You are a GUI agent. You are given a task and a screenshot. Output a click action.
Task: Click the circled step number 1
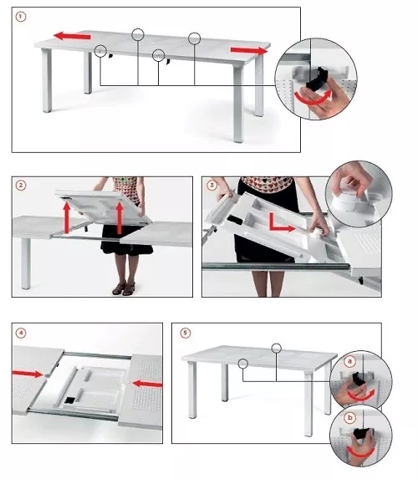click(x=21, y=17)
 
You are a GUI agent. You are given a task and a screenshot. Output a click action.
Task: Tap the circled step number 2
click(x=21, y=186)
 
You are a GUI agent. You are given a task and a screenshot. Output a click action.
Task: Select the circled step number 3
click(x=212, y=185)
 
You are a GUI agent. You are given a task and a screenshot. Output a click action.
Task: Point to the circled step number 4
click(x=21, y=333)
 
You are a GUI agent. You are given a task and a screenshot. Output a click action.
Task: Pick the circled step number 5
click(x=185, y=333)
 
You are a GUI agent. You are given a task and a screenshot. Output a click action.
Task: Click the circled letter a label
click(x=349, y=362)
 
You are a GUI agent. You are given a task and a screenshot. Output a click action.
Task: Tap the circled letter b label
click(x=349, y=417)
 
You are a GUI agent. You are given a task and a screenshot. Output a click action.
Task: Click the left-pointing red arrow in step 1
click(x=72, y=36)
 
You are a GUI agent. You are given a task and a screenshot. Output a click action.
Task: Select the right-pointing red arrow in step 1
click(x=249, y=50)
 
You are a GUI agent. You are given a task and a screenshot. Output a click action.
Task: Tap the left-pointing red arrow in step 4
click(x=147, y=384)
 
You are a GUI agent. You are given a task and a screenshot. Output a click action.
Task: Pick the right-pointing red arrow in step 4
click(x=28, y=374)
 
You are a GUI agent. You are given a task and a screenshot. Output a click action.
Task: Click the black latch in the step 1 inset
click(x=317, y=77)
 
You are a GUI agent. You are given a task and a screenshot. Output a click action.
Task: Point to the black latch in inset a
click(x=358, y=379)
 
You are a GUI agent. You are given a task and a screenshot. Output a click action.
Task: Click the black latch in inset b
click(x=362, y=433)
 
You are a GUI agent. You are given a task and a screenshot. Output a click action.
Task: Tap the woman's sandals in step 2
click(x=124, y=288)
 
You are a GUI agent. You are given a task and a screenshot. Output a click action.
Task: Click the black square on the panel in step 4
click(x=70, y=400)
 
